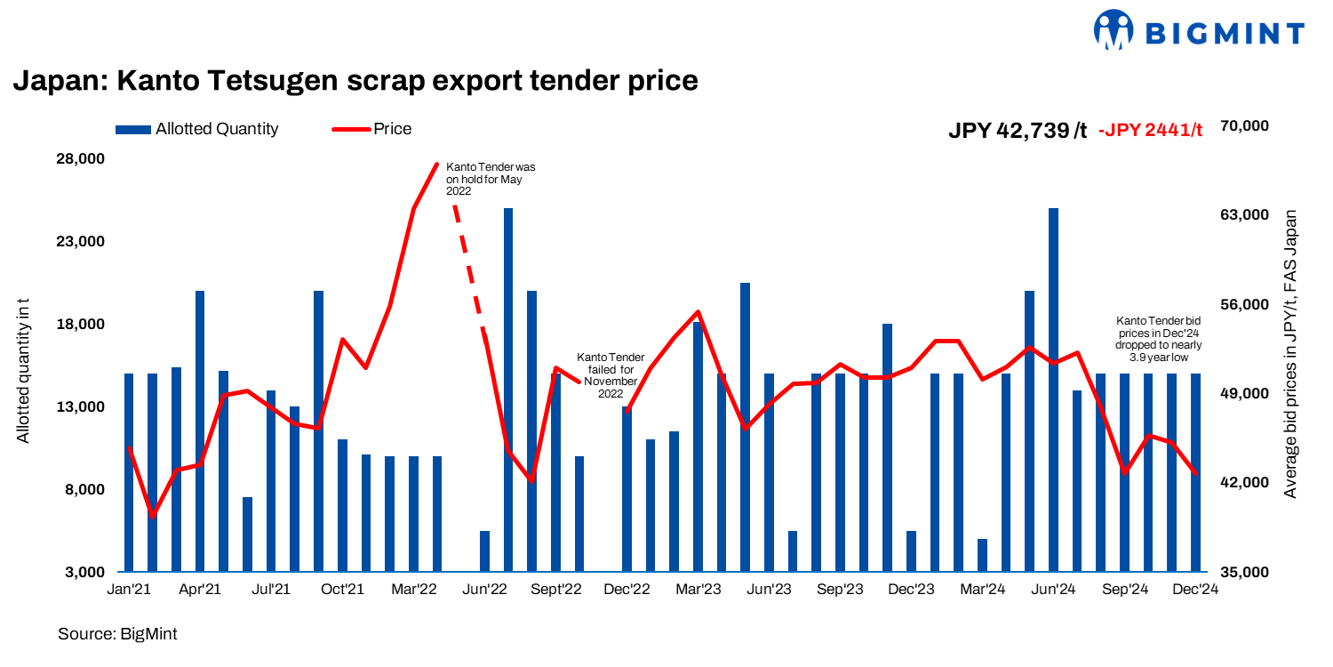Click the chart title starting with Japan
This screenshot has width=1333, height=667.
355,81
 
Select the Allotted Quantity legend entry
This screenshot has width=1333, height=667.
197,129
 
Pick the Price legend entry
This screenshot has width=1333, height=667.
372,129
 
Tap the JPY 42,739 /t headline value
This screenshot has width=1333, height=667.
1018,130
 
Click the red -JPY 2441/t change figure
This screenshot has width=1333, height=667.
1150,130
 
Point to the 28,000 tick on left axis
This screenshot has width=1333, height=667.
81,159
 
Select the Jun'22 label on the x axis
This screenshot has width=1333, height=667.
485,589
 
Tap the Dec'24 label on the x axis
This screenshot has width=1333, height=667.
1195,589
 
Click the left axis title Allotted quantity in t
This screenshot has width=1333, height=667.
24,368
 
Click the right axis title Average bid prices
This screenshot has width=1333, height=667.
1290,354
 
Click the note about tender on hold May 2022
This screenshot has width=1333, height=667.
490,179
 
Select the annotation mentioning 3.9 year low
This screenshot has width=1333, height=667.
1159,339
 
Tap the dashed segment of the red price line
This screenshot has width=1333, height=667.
468,267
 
